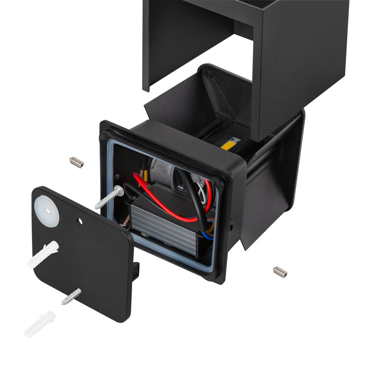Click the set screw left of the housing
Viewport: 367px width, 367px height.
tap(76, 162)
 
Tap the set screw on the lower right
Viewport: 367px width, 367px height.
tap(280, 272)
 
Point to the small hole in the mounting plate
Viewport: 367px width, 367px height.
tap(79, 221)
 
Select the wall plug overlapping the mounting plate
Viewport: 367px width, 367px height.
tap(43, 254)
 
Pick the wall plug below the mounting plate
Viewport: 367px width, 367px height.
tap(39, 324)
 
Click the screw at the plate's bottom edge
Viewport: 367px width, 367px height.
tap(71, 297)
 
